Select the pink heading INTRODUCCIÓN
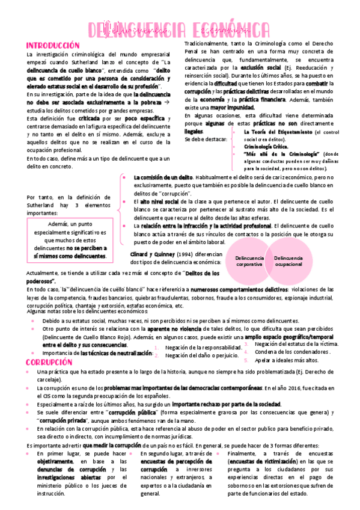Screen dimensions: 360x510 [x=52, y=46]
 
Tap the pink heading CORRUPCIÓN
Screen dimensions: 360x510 [x=49, y=363]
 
